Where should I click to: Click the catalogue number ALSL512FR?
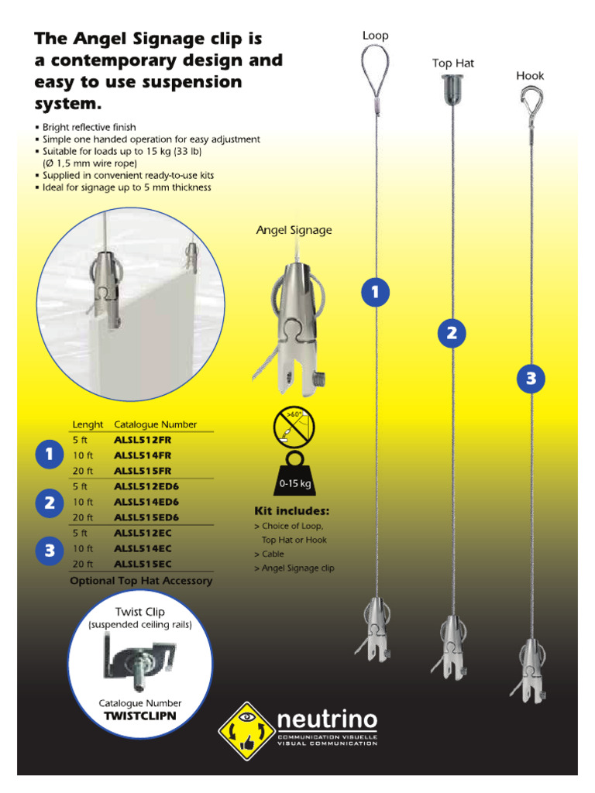143,440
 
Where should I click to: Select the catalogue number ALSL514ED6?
146,502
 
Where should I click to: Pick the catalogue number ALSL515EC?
143,564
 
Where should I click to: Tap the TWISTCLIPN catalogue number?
140,716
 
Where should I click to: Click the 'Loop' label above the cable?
376,36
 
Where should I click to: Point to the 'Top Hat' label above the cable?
453,63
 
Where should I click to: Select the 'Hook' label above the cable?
531,76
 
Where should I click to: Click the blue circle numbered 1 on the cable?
376,292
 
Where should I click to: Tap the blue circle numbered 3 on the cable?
531,379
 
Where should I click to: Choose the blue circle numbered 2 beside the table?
49,503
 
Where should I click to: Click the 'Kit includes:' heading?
292,511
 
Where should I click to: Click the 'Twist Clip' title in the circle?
140,612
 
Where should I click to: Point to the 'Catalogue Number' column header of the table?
156,424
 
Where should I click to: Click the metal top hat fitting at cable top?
453,88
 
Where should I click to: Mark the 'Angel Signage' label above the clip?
294,230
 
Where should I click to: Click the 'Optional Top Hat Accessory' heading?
141,581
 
